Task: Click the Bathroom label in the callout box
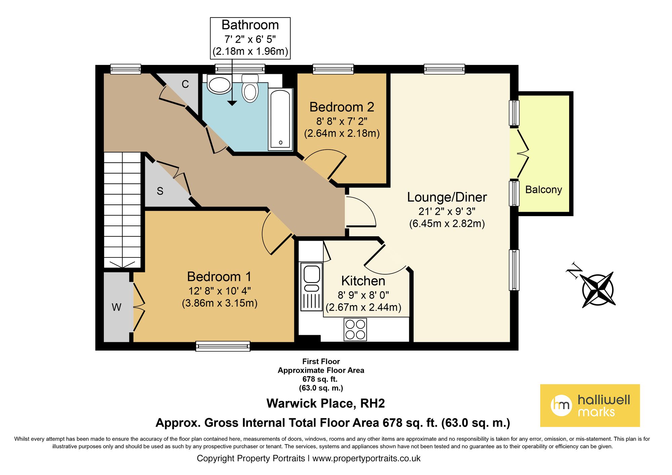[x=250, y=25]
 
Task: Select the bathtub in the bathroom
[x=280, y=119]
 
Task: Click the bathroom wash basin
[x=219, y=85]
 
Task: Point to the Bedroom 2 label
[x=342, y=107]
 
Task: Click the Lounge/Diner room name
[x=447, y=197]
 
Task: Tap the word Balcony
[x=543, y=190]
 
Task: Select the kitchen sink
[x=311, y=278]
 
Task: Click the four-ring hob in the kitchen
[x=355, y=329]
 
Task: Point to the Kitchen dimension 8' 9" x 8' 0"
[x=363, y=295]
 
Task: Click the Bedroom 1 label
[x=219, y=277]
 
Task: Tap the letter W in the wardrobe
[x=116, y=307]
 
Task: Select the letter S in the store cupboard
[x=160, y=191]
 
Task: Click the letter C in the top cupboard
[x=185, y=84]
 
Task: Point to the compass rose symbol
[x=598, y=289]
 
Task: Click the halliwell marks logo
[x=590, y=405]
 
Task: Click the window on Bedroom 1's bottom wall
[x=223, y=346]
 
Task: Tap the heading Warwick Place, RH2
[x=325, y=403]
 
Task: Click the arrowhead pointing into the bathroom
[x=232, y=103]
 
